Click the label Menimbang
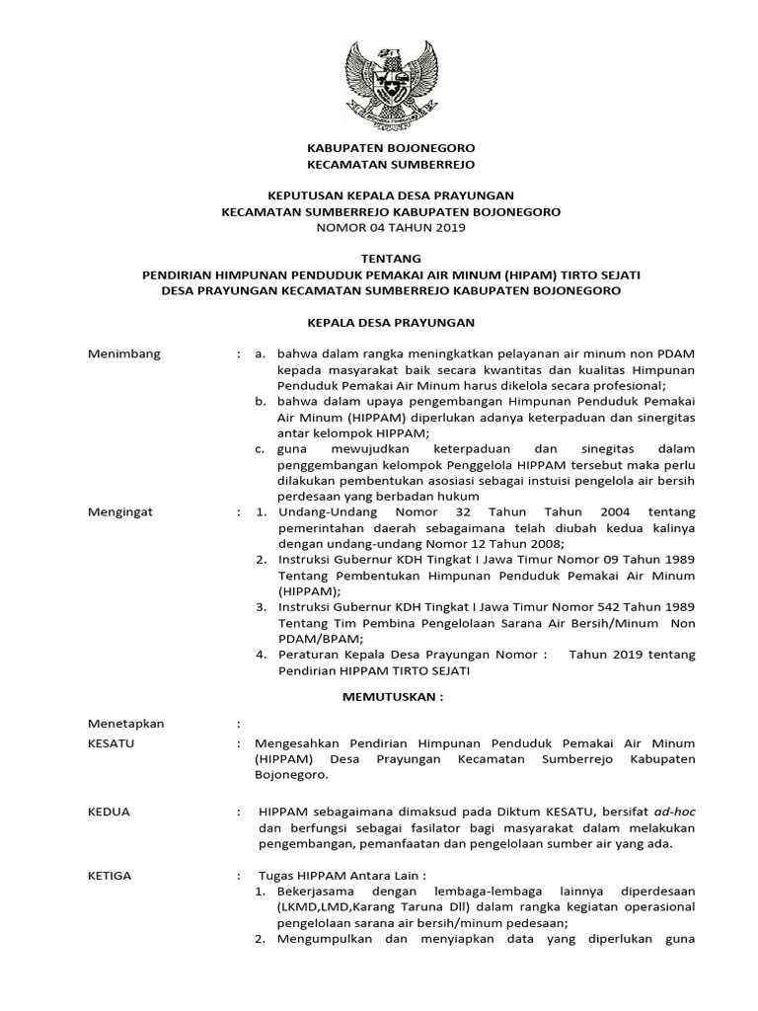124,353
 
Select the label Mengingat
122,511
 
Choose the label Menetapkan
126,724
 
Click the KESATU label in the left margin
112,742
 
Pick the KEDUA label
109,811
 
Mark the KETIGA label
110,875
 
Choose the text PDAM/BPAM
297,638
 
